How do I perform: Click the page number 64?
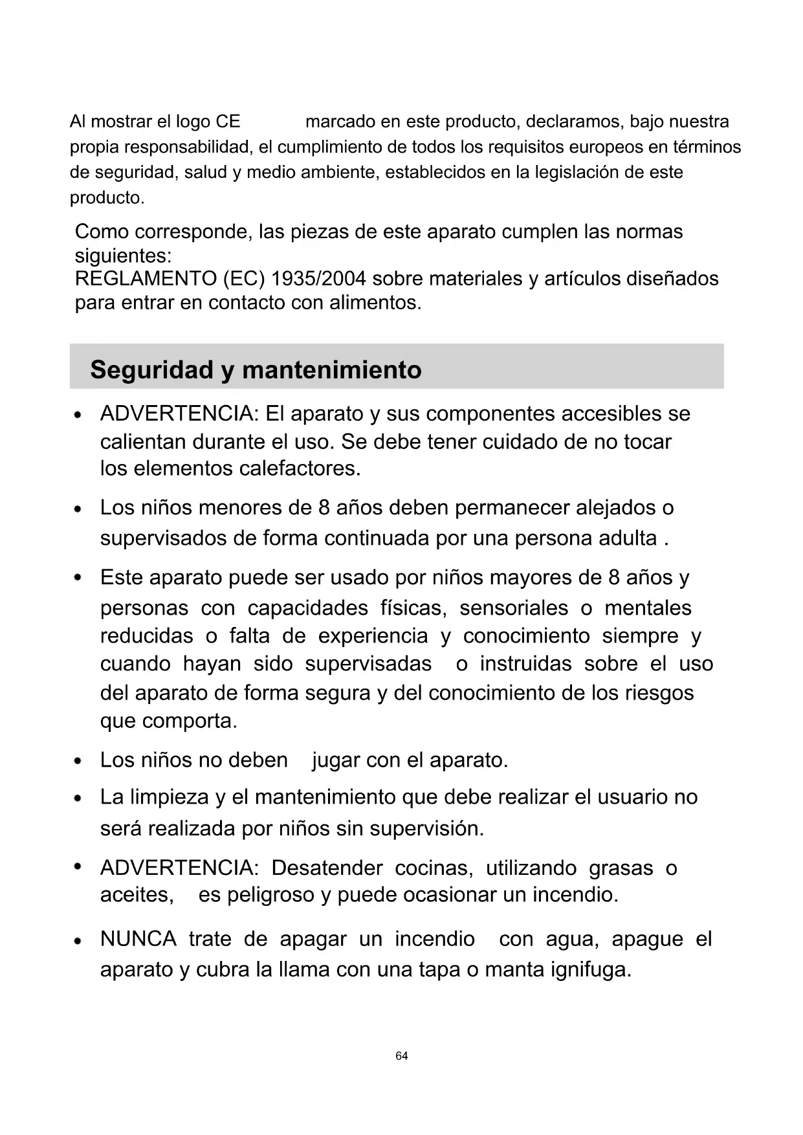coord(401,1056)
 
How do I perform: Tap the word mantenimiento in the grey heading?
coord(331,370)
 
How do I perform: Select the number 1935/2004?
coord(318,279)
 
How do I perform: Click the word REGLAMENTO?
coord(146,279)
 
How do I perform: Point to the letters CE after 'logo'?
coord(228,122)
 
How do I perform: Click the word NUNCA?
coord(138,939)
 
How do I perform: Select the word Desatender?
coord(327,868)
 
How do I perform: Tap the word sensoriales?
coord(514,608)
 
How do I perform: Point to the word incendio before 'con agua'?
coord(435,939)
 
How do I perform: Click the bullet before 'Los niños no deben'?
coord(78,761)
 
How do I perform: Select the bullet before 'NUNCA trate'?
coord(78,940)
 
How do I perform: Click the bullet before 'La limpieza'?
coord(78,799)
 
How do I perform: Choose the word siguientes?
coord(123,256)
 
